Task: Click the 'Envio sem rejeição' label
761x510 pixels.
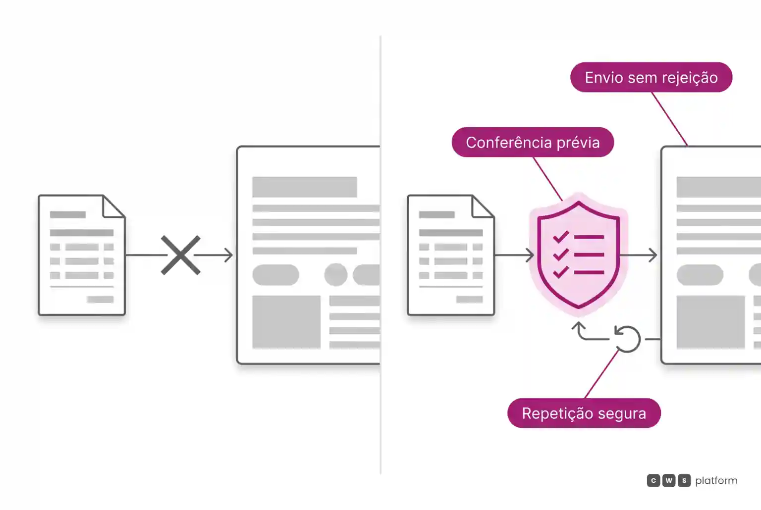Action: pyautogui.click(x=652, y=77)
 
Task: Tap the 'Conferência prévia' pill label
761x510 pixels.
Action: pyautogui.click(x=533, y=142)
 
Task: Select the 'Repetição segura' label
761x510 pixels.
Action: pyautogui.click(x=584, y=413)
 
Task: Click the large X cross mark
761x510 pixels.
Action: pyautogui.click(x=180, y=255)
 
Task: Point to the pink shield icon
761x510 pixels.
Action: pyautogui.click(x=579, y=255)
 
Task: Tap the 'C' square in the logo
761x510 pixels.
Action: pyautogui.click(x=653, y=480)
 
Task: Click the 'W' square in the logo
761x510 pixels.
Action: pyautogui.click(x=668, y=480)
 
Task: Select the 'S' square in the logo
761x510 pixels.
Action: pyautogui.click(x=684, y=480)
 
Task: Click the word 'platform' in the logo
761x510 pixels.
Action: pyautogui.click(x=716, y=480)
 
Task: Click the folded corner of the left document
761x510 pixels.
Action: pyautogui.click(x=113, y=206)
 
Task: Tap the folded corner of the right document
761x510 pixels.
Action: pyautogui.click(x=483, y=206)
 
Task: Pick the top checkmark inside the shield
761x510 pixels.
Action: pyautogui.click(x=561, y=236)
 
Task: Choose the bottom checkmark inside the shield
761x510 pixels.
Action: pyautogui.click(x=561, y=272)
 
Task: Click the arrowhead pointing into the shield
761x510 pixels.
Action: pyautogui.click(x=530, y=255)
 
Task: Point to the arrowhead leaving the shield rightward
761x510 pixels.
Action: pyautogui.click(x=653, y=255)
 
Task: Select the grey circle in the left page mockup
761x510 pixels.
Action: pyautogui.click(x=335, y=274)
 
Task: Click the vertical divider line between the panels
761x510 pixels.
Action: pyautogui.click(x=380, y=255)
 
